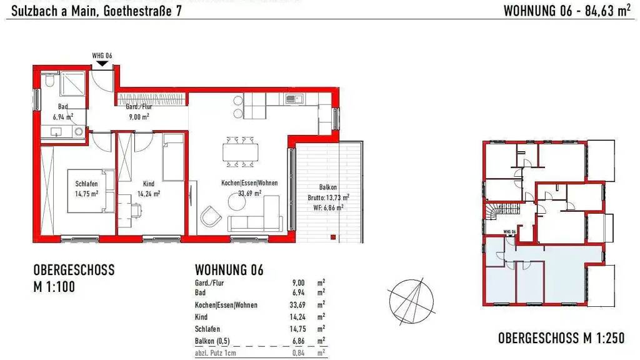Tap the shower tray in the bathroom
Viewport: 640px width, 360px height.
(x=72, y=84)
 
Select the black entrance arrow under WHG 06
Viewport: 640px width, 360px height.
(x=102, y=63)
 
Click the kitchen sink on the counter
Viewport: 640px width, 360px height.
(x=295, y=98)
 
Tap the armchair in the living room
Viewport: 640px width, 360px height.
(x=211, y=216)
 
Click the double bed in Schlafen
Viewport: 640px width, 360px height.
(x=91, y=191)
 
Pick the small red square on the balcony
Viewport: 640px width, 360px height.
(x=333, y=237)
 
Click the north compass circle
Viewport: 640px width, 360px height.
(x=411, y=302)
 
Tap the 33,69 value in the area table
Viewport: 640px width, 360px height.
(x=297, y=305)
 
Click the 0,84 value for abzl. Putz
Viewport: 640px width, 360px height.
(x=298, y=353)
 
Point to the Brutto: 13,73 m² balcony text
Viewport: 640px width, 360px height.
(x=328, y=197)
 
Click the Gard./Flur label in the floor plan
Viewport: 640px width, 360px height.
(x=139, y=107)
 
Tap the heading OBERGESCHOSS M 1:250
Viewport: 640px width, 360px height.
(x=561, y=338)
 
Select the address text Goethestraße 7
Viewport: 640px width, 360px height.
(x=142, y=11)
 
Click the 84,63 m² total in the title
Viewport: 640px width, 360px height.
(x=607, y=11)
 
